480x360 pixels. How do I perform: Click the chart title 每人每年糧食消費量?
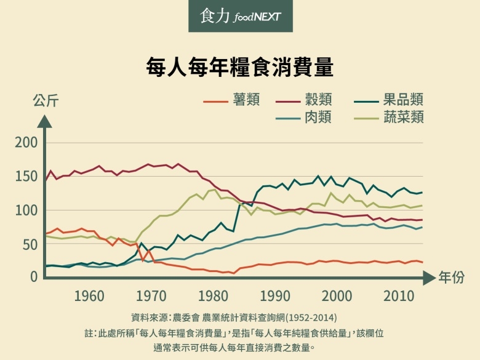pyautogui.click(x=239, y=66)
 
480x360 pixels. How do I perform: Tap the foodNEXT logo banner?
pyautogui.click(x=240, y=17)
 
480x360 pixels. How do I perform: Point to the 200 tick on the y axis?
pyautogui.click(x=26, y=143)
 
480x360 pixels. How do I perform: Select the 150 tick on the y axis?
pyautogui.click(x=26, y=177)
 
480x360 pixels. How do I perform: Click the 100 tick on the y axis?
pyautogui.click(x=26, y=210)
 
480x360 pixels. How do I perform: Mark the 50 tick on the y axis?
pyautogui.click(x=30, y=244)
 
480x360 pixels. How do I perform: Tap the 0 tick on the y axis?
pyautogui.click(x=34, y=277)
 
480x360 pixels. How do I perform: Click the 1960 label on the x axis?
pyautogui.click(x=89, y=296)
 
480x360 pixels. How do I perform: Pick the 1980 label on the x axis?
pyautogui.click(x=214, y=296)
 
